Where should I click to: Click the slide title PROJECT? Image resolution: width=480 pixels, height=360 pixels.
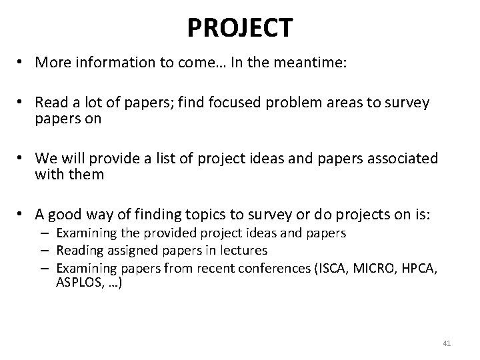click(x=239, y=27)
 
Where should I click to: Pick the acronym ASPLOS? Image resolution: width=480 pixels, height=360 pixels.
click(x=79, y=283)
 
